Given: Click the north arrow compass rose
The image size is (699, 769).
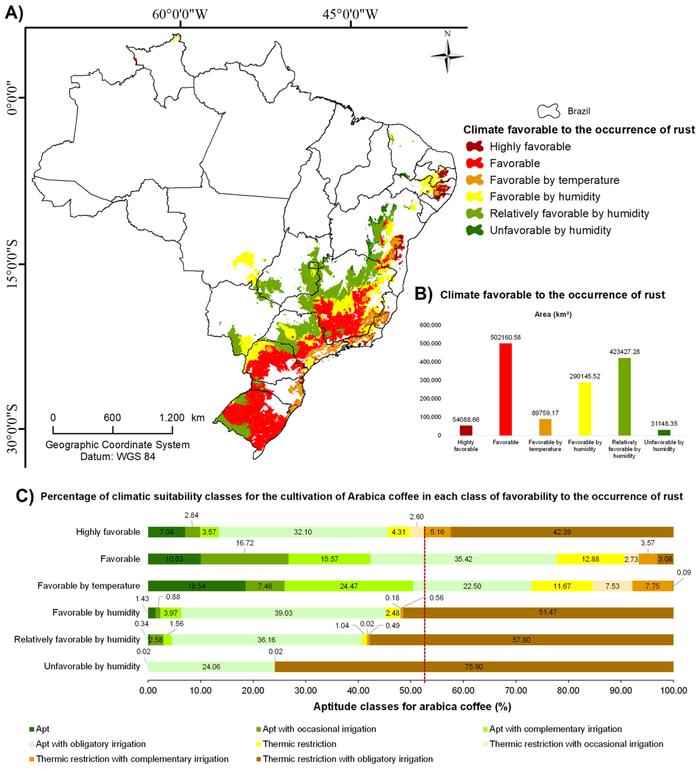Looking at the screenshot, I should pyautogui.click(x=447, y=56).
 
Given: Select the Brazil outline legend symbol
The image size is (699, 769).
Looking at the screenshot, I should pyautogui.click(x=548, y=111).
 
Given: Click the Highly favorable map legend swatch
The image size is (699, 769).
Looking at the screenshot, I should pyautogui.click(x=474, y=146).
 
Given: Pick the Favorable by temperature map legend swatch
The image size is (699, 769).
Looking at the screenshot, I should pyautogui.click(x=474, y=180).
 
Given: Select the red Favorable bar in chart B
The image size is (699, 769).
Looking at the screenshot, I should pyautogui.click(x=505, y=389).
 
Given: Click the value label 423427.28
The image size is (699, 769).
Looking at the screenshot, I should pyautogui.click(x=624, y=352).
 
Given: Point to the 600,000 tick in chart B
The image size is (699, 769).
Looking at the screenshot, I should pyautogui.click(x=430, y=325).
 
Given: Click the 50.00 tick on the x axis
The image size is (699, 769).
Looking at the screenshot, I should pyautogui.click(x=410, y=690).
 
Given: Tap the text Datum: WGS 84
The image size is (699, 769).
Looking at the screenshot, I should pyautogui.click(x=118, y=457).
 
